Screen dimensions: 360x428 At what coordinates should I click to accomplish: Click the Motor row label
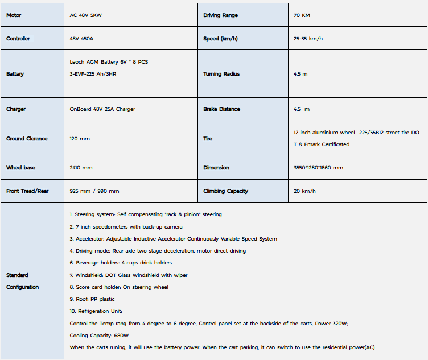[x=14, y=15]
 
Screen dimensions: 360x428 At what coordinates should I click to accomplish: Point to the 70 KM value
[x=302, y=15]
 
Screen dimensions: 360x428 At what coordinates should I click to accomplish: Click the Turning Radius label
[x=221, y=74]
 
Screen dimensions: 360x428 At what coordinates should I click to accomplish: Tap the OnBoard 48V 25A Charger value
[x=102, y=109]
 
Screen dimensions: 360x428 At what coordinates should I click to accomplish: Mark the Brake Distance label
[x=221, y=109]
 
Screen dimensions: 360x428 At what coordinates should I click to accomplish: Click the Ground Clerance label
[x=27, y=139]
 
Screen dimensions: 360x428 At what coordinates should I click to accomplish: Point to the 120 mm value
[x=80, y=139]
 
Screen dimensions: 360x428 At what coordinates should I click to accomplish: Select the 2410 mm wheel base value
[x=81, y=168]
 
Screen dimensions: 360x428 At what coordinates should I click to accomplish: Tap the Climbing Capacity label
[x=225, y=191]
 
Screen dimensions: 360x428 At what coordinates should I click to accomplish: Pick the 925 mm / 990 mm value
[x=94, y=191]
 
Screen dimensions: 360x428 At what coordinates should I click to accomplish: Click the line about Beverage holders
[x=121, y=263]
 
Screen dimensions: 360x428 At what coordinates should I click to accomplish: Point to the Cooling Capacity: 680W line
[x=99, y=336]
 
